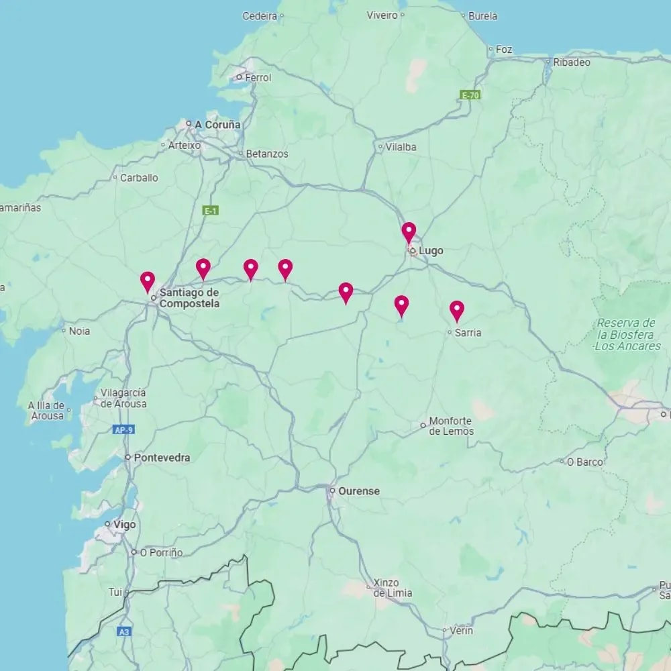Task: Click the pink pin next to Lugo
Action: tap(409, 232)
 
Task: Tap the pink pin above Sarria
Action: tap(456, 310)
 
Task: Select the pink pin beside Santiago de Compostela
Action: tap(148, 281)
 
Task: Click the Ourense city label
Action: tap(358, 491)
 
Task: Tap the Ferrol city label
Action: tap(258, 78)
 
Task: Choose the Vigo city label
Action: tap(124, 525)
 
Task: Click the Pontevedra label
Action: tap(162, 458)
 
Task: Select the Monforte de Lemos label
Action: tap(451, 426)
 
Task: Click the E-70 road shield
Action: tap(470, 95)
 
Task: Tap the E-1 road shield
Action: tap(211, 211)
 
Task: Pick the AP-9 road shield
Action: tap(123, 429)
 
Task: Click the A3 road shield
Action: tap(123, 631)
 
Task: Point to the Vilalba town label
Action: tap(401, 147)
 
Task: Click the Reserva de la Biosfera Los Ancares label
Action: tap(626, 334)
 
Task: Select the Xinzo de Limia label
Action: tap(393, 588)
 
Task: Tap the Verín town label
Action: tap(461, 631)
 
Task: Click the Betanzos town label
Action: tap(266, 154)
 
